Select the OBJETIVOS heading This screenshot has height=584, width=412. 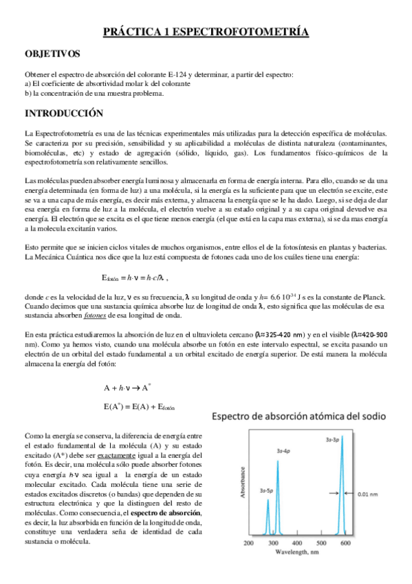(x=52, y=53)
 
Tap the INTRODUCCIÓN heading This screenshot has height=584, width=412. (x=63, y=113)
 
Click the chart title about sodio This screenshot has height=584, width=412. (x=301, y=417)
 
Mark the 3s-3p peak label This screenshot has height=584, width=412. (x=335, y=439)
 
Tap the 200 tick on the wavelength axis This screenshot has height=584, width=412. (x=249, y=543)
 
